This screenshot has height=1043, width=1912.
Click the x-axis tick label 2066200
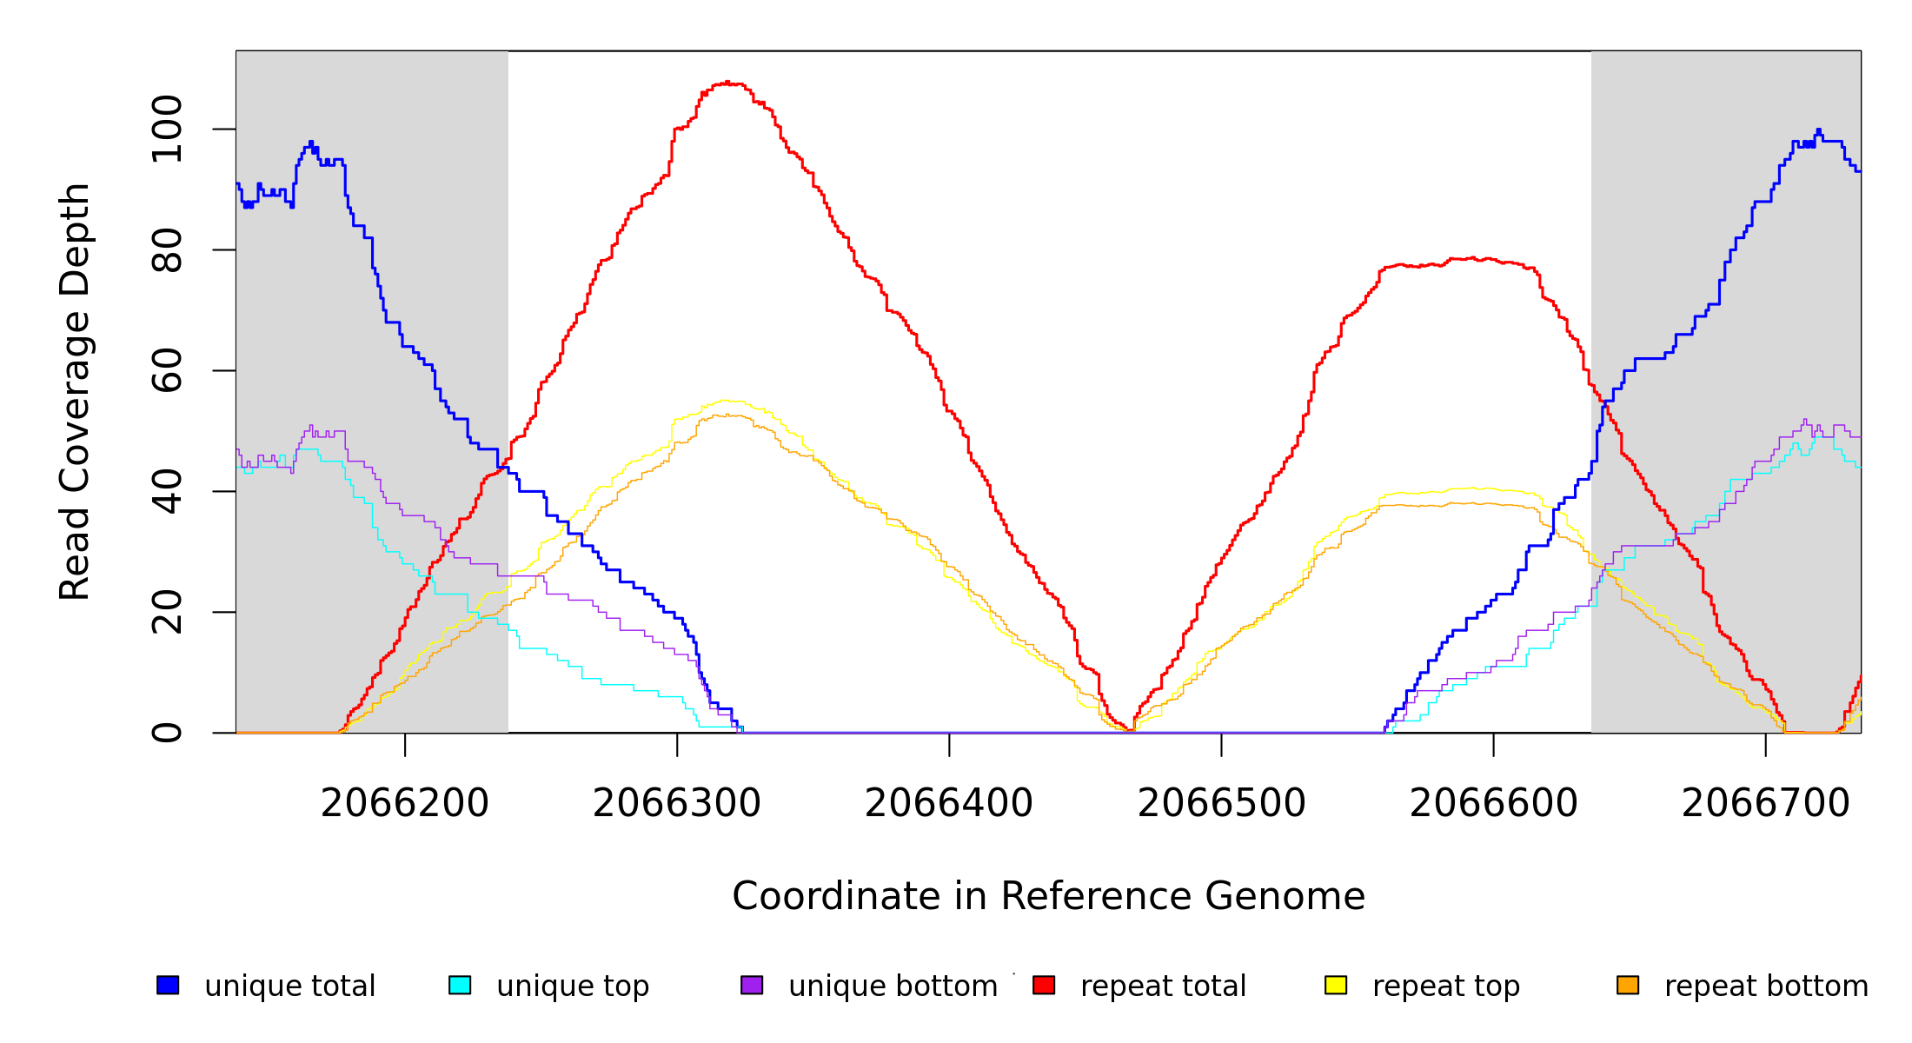pos(405,803)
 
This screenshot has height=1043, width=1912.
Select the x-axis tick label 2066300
pos(677,803)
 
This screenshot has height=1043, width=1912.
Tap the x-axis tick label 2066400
pos(949,803)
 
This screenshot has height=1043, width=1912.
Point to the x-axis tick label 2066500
pos(1221,803)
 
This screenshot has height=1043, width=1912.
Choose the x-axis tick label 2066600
pos(1493,803)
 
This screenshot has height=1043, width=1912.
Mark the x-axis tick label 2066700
pos(1765,803)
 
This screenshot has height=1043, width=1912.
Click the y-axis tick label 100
pos(167,130)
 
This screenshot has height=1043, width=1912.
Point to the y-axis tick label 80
pos(167,250)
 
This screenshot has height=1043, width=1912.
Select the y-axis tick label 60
pos(167,370)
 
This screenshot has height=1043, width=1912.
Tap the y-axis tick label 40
pos(167,491)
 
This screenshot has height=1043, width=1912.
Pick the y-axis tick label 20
pos(167,612)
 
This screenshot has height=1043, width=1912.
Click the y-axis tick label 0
pos(167,733)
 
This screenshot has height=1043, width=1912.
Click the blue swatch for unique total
pos(168,985)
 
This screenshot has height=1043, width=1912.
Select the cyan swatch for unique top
pos(460,985)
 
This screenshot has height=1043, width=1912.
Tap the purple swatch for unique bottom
pos(752,985)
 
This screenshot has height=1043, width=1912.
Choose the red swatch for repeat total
pos(1044,985)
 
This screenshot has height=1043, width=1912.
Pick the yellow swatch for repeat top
pos(1336,985)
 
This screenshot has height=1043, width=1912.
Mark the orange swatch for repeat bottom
pos(1628,985)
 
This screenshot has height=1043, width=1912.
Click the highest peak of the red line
pos(727,83)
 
